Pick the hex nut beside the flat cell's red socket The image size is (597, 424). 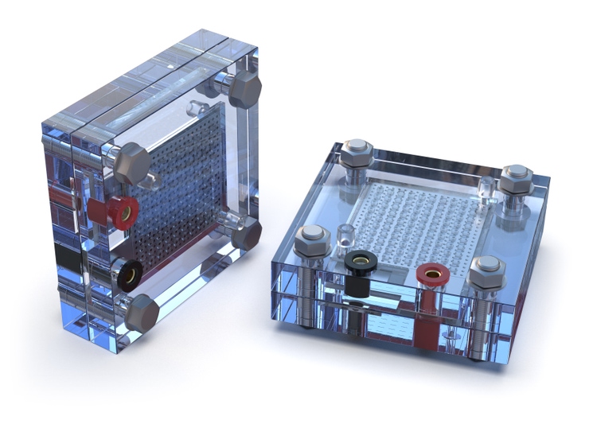486,270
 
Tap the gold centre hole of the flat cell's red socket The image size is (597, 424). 433,274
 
